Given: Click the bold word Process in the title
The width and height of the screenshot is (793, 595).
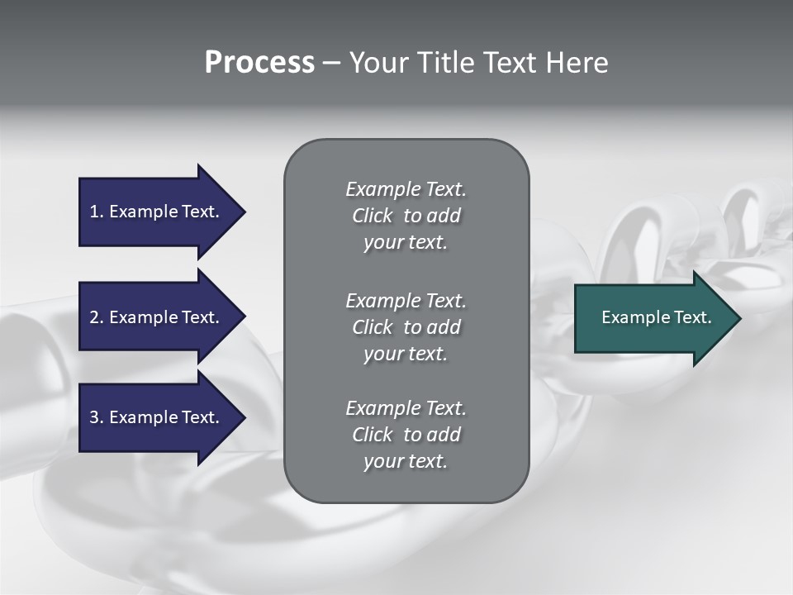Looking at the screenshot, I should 259,63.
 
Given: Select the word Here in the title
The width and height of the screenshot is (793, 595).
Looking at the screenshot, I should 577,63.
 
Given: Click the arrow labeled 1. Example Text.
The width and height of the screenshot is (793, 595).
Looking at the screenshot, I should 157,212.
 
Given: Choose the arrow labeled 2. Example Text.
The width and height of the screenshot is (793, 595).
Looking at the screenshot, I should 157,317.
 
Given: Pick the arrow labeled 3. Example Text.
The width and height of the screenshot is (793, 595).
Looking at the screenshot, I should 157,417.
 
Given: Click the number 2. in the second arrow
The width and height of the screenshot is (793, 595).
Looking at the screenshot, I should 96,317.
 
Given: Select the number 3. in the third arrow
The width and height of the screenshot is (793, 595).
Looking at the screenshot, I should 96,417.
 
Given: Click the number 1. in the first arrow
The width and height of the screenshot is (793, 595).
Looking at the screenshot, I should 96,212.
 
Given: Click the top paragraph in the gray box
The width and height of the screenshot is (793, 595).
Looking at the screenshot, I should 406,216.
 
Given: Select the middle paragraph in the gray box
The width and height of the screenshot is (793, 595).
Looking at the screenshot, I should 406,326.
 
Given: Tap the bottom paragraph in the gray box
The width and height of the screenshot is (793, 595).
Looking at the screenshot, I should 406,435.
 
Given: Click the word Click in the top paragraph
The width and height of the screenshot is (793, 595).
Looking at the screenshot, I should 372,216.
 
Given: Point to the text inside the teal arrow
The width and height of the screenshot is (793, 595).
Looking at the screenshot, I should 656,317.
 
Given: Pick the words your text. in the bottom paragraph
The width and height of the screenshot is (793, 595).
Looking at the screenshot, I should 406,461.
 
